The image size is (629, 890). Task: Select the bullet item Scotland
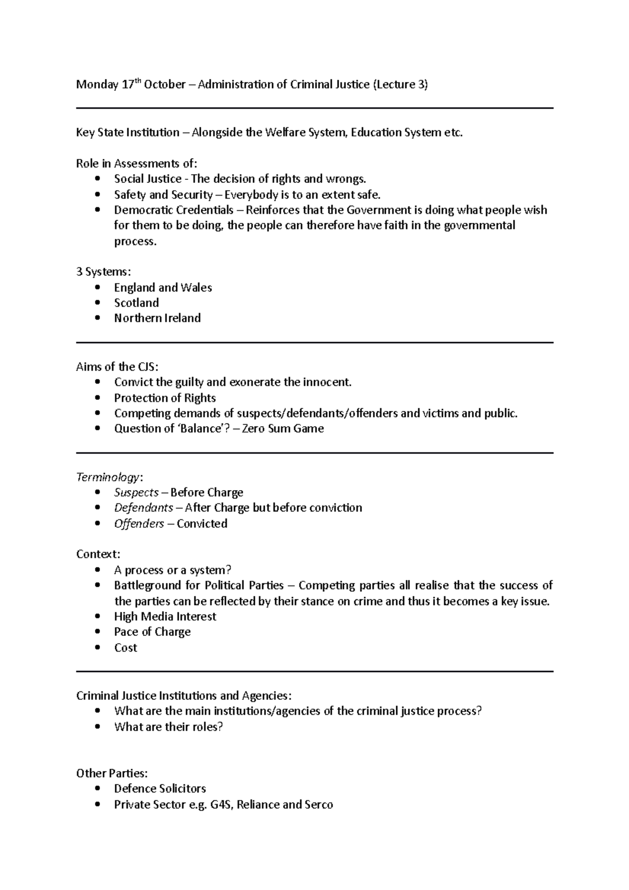pyautogui.click(x=136, y=303)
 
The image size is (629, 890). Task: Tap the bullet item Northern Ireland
pyautogui.click(x=157, y=318)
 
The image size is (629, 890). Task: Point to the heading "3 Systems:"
pyautogui.click(x=103, y=272)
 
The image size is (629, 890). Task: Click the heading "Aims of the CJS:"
pyautogui.click(x=117, y=367)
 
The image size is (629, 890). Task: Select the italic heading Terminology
pyautogui.click(x=108, y=477)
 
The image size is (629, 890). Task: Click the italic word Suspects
pyautogui.click(x=136, y=493)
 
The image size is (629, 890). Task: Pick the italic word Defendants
pyautogui.click(x=144, y=508)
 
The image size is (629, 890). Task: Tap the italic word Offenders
pyautogui.click(x=139, y=524)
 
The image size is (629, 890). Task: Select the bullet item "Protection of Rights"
pyautogui.click(x=165, y=398)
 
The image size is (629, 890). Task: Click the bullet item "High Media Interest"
pyautogui.click(x=165, y=617)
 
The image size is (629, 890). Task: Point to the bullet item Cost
pyautogui.click(x=125, y=648)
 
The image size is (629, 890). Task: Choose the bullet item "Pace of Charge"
pyautogui.click(x=152, y=632)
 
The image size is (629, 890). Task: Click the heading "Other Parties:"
pyautogui.click(x=112, y=774)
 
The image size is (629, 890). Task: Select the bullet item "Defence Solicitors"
pyautogui.click(x=160, y=789)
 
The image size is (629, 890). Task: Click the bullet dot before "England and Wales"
pyautogui.click(x=97, y=288)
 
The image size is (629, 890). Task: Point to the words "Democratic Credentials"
pyautogui.click(x=173, y=210)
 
